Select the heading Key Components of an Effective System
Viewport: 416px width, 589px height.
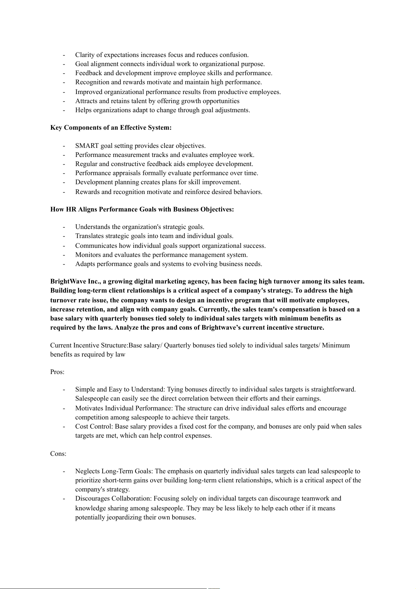point(111,128)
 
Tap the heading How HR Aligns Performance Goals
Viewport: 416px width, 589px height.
point(142,209)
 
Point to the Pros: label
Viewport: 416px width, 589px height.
point(57,372)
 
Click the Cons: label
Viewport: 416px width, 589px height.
point(58,454)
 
